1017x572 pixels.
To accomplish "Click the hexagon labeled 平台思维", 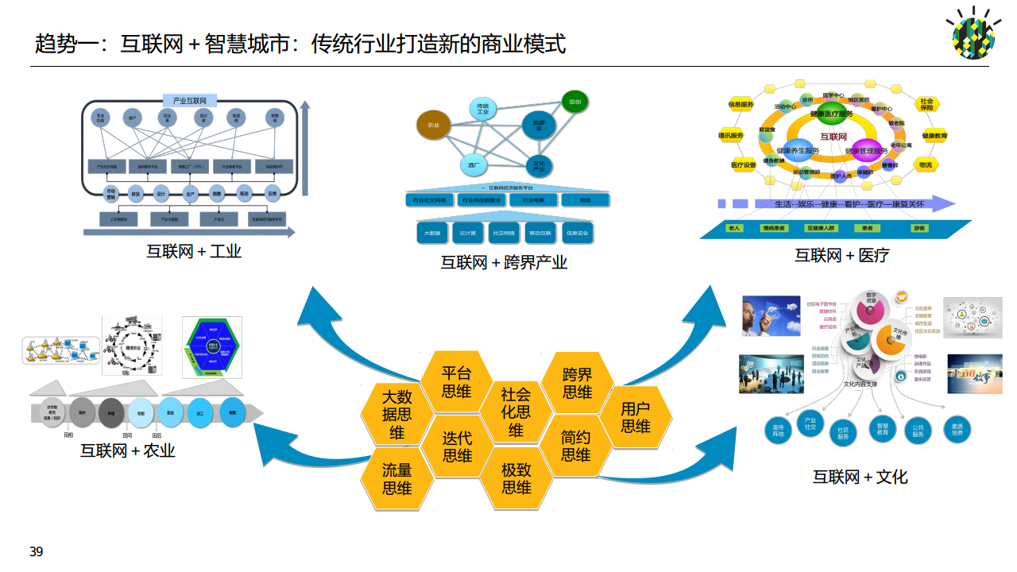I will [x=457, y=381].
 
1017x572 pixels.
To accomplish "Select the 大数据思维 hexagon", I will [x=397, y=415].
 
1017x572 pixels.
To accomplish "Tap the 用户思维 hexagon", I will [x=636, y=418].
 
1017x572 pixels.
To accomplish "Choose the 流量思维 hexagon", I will [x=397, y=478].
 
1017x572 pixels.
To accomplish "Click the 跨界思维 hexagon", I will [x=578, y=383].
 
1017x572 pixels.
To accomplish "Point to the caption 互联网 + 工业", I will [x=194, y=252].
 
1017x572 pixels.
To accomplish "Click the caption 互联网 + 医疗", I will [x=842, y=255].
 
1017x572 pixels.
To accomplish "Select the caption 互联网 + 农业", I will [x=128, y=451].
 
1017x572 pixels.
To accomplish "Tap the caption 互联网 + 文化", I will [x=860, y=477].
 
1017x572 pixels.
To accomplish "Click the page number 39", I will [x=36, y=552].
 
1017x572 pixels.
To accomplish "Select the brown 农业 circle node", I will [x=434, y=125].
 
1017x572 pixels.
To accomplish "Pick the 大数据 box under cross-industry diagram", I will [x=433, y=234].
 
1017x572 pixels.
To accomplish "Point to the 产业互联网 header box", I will [x=190, y=101].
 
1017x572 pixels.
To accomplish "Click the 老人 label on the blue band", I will [x=734, y=228].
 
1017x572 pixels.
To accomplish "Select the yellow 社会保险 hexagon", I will [x=926, y=104].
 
